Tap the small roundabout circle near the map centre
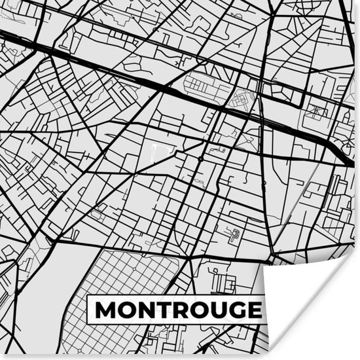tap(200, 158)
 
